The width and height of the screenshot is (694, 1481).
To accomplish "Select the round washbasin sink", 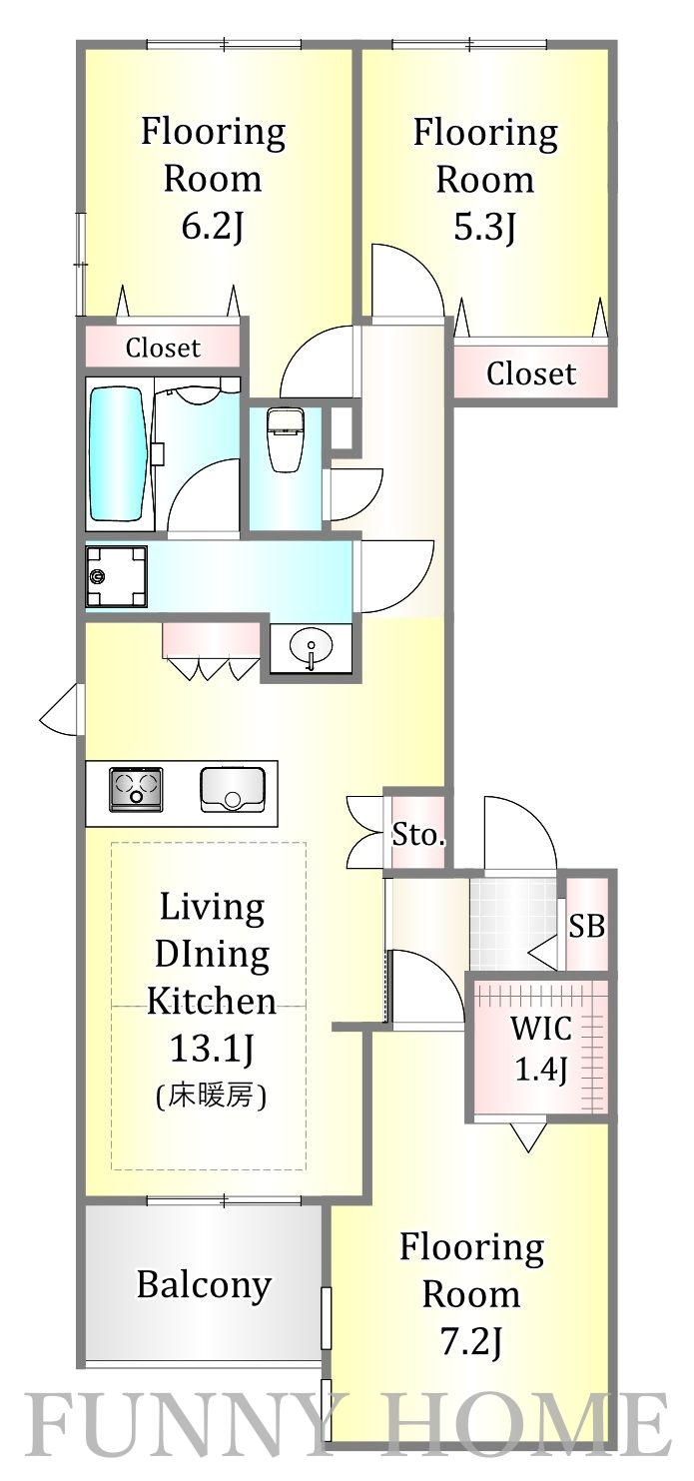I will pyautogui.click(x=311, y=651).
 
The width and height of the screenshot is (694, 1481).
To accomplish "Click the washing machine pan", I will pyautogui.click(x=116, y=576).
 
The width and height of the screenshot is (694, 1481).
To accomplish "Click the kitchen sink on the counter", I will pyautogui.click(x=232, y=787).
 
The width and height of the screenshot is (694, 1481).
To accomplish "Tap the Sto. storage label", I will pyautogui.click(x=416, y=835).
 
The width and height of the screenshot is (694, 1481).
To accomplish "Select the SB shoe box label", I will pyautogui.click(x=586, y=926).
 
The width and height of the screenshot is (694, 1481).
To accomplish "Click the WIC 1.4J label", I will pyautogui.click(x=540, y=1049).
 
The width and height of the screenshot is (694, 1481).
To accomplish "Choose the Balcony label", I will pyautogui.click(x=204, y=1284).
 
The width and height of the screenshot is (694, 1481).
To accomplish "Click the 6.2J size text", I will pyautogui.click(x=212, y=227).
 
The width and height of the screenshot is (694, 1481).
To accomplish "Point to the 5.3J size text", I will pyautogui.click(x=485, y=228).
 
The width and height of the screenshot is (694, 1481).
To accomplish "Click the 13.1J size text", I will pyautogui.click(x=211, y=1049).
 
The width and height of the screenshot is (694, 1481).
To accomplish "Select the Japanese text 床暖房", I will pyautogui.click(x=211, y=1097).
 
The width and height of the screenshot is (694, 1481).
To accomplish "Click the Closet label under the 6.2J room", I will pyautogui.click(x=162, y=348).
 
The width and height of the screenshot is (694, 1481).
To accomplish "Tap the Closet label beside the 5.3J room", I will pyautogui.click(x=530, y=373).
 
